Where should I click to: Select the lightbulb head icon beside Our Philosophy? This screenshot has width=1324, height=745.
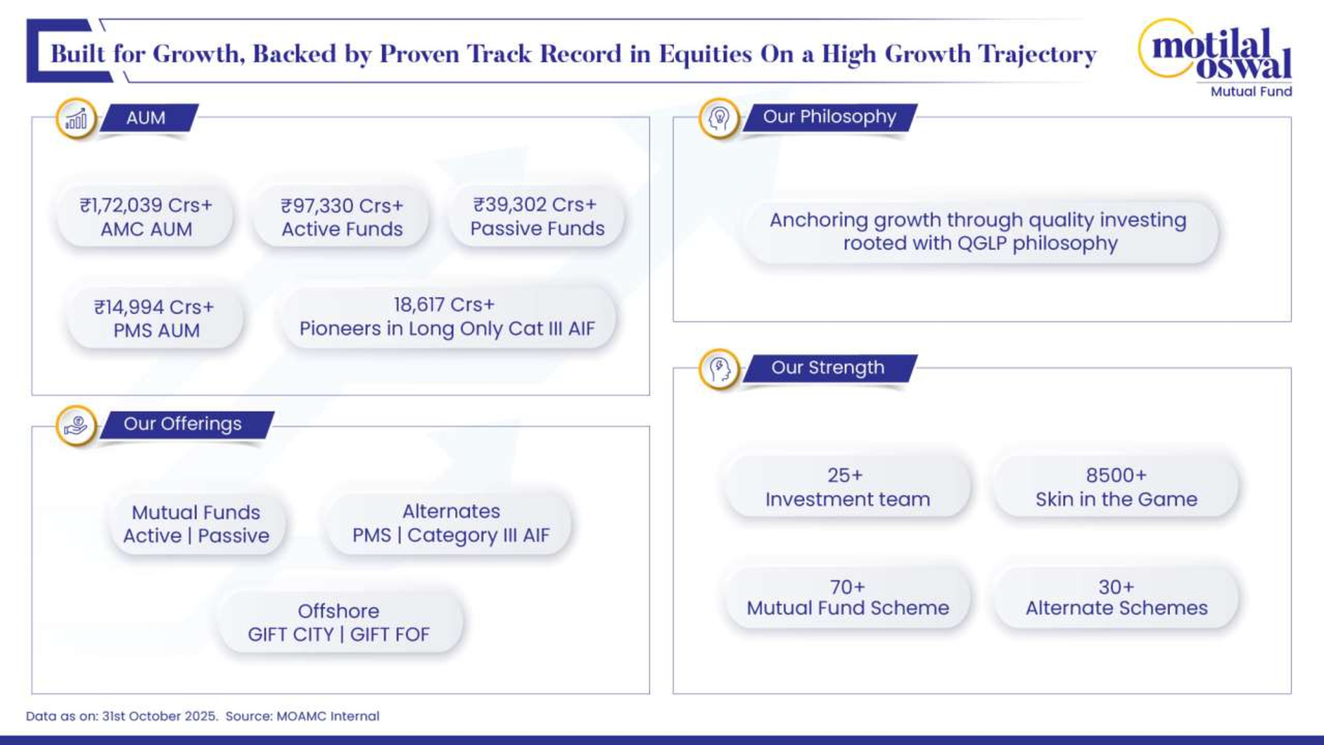719,118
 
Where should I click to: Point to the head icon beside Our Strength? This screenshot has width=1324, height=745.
719,369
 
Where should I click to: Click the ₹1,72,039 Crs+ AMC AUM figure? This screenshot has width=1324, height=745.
146,205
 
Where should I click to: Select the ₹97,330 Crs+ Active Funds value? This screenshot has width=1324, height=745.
342,206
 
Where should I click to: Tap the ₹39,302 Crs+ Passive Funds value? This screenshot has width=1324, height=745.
535,205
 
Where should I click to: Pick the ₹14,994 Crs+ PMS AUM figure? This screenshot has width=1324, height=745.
154,307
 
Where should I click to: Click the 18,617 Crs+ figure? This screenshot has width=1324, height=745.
444,304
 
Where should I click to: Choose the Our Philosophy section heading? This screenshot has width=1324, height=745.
829,117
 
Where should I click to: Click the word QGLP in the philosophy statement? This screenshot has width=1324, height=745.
982,243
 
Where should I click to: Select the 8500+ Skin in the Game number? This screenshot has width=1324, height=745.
1116,475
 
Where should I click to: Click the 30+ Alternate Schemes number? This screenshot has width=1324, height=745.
1116,587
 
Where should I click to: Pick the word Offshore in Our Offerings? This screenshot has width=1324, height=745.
338,611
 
